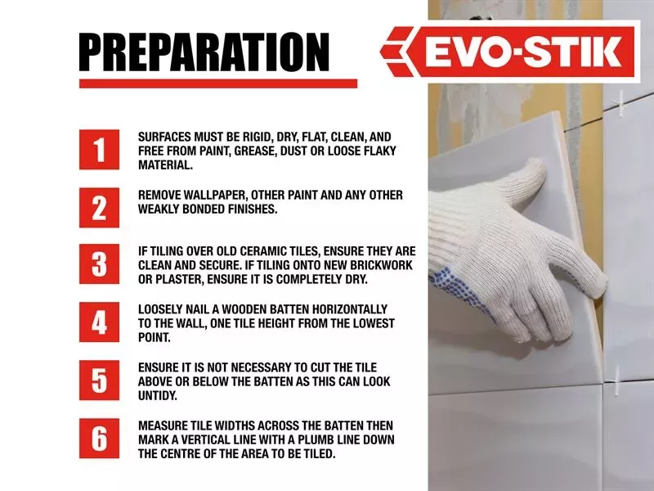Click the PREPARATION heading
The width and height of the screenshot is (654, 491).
click(x=204, y=52)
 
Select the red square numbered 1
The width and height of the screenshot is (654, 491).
click(x=99, y=150)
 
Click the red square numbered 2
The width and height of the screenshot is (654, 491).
click(x=99, y=208)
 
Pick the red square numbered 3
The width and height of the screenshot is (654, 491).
click(x=99, y=264)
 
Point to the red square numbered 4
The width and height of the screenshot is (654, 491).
click(x=99, y=322)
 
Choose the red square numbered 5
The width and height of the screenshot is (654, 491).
click(x=99, y=381)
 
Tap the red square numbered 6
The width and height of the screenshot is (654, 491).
click(x=99, y=439)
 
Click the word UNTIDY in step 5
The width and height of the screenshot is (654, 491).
click(x=158, y=395)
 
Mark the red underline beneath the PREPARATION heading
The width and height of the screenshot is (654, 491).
click(x=218, y=83)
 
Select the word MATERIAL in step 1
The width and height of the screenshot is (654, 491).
click(x=165, y=165)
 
